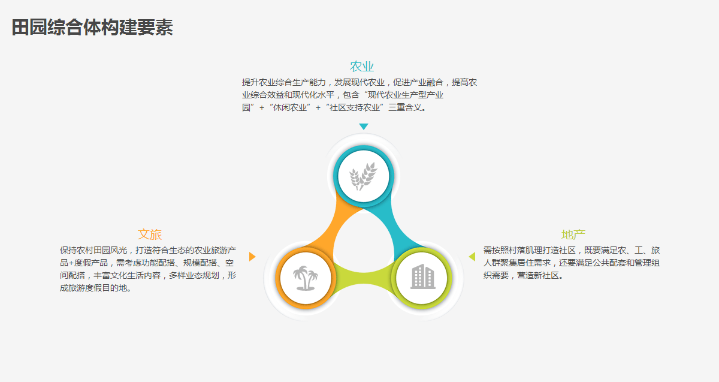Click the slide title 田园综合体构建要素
tap(92, 28)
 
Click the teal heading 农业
tap(362, 67)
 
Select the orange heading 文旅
tap(150, 234)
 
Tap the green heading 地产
tap(573, 234)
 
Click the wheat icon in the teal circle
tap(363, 176)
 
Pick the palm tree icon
tap(305, 278)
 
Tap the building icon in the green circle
tap(423, 276)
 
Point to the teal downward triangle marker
tap(363, 127)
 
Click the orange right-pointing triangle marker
tap(252, 257)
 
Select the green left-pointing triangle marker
tap(472, 257)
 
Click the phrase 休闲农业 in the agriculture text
tap(289, 107)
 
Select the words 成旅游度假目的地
tap(93, 288)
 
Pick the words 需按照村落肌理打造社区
tap(529, 250)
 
